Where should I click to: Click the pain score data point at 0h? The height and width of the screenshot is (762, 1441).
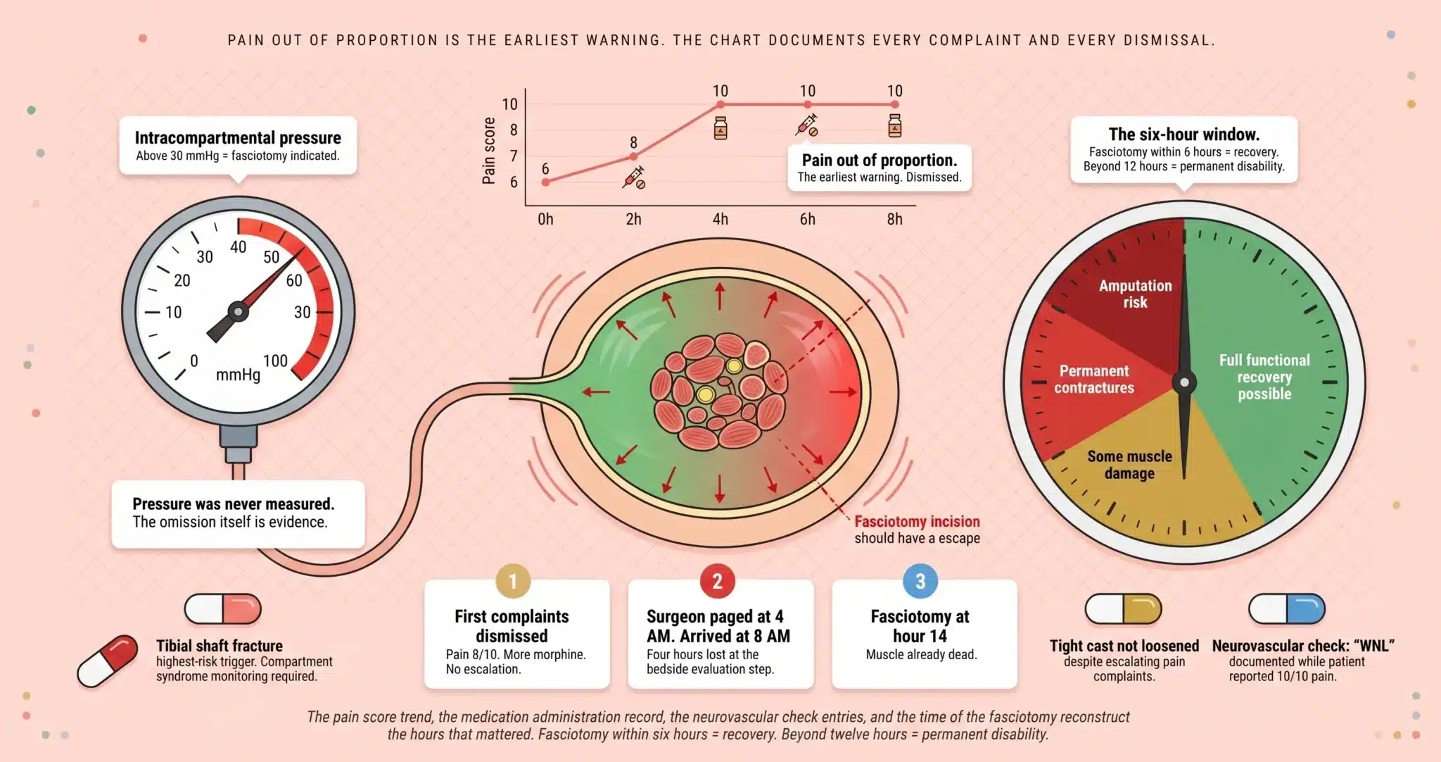(546, 182)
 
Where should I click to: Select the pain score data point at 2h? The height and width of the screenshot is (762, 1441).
(633, 156)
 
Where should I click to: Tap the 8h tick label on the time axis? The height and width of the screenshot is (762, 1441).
(894, 219)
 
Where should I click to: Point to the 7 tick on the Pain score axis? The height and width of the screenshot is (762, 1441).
(514, 156)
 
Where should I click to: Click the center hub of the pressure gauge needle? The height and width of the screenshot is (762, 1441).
(238, 311)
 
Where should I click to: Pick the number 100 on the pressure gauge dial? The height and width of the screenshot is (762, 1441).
(275, 361)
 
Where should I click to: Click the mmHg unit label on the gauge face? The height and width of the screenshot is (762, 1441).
(238, 375)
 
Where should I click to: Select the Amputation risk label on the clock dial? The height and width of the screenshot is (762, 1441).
(1135, 294)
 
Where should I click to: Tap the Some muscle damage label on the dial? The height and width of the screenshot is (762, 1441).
(1129, 465)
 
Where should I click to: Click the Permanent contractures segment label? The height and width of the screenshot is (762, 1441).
(1094, 379)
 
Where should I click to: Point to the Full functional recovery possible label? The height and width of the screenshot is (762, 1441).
(1264, 377)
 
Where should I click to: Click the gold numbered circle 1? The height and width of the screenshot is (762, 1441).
(513, 581)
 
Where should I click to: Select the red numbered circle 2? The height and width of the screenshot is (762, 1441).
(717, 581)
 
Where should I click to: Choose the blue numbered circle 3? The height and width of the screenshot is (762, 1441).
(920, 581)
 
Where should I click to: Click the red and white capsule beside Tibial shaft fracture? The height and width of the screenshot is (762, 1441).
(108, 660)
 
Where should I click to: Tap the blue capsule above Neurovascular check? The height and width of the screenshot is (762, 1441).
(1286, 609)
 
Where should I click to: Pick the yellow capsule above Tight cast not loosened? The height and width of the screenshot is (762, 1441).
(1123, 609)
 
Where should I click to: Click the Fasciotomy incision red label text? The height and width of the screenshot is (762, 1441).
(917, 521)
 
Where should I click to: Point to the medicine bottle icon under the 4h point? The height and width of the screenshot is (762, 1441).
(720, 128)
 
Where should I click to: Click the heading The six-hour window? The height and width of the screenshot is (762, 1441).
(1183, 135)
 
